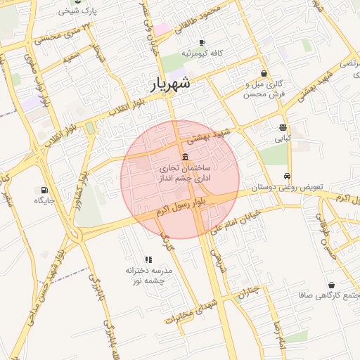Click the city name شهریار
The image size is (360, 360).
[172, 86]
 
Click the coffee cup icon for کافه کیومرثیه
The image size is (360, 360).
[202, 43]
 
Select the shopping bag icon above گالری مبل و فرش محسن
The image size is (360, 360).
[264, 73]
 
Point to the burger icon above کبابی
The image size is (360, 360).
[283, 128]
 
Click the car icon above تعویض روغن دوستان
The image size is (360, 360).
[287, 176]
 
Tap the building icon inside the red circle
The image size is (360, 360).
[184, 156]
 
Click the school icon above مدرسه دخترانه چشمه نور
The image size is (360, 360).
[148, 259]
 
